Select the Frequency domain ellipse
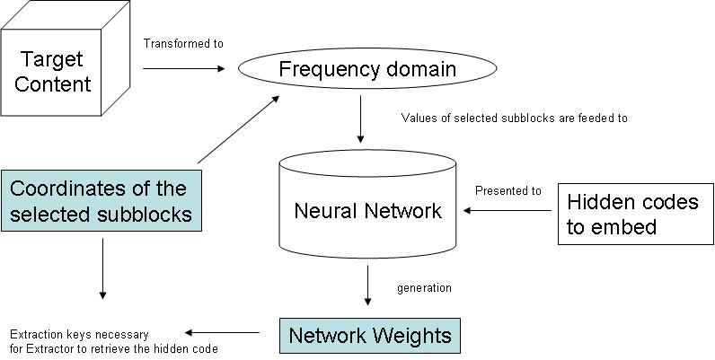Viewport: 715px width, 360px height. click(x=366, y=69)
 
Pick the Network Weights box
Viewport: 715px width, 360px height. click(x=369, y=337)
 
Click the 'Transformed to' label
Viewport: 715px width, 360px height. click(x=183, y=43)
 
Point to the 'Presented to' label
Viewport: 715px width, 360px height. click(x=508, y=190)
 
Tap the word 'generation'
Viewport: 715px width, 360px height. click(x=424, y=288)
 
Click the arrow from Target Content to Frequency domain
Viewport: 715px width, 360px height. click(x=184, y=68)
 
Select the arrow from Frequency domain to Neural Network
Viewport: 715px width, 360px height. click(x=360, y=119)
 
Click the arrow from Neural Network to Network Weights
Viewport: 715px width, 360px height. click(x=368, y=285)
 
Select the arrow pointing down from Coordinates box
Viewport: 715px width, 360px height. click(x=104, y=268)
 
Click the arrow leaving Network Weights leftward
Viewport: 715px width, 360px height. click(x=222, y=331)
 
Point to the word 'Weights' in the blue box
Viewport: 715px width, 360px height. click(x=413, y=337)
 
